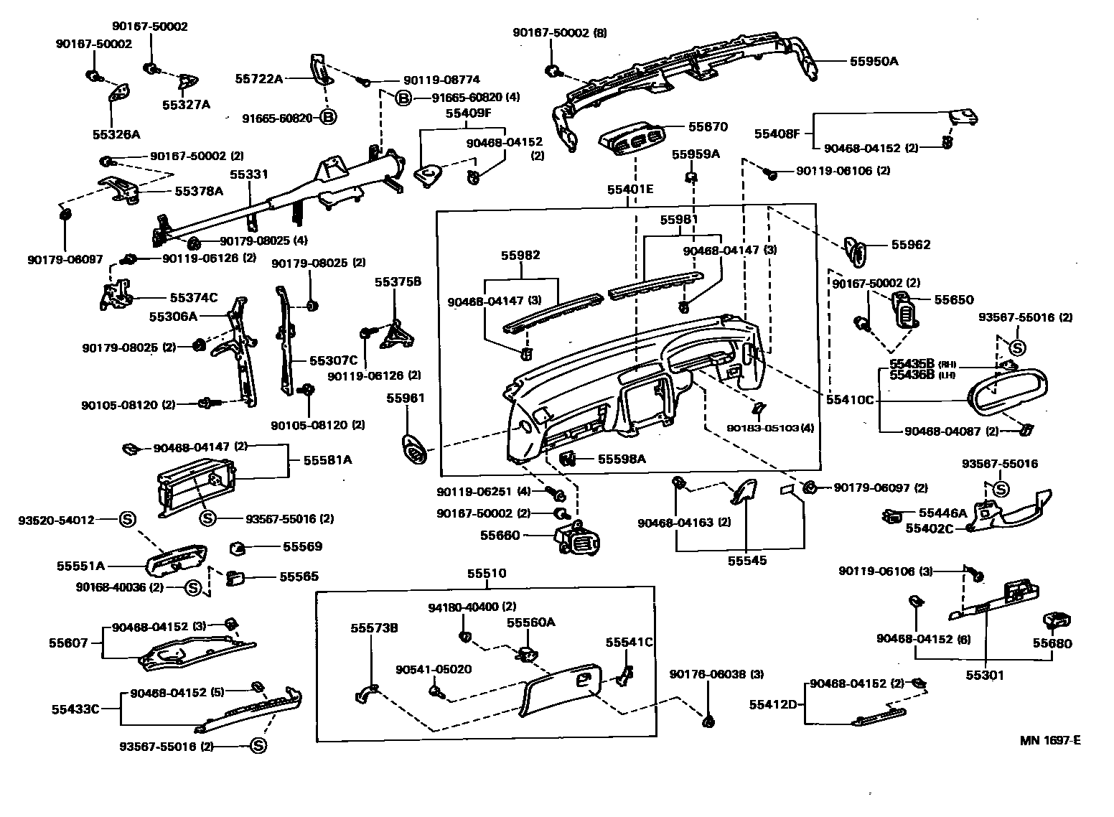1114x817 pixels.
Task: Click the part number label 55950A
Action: tap(874, 61)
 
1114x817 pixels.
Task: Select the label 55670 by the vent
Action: tap(708, 127)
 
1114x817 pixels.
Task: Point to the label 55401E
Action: tap(630, 190)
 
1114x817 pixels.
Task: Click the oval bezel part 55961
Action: tap(416, 450)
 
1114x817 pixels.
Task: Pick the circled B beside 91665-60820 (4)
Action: tap(403, 98)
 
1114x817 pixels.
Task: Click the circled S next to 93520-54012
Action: tap(127, 519)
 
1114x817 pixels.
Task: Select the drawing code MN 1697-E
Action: tap(1050, 740)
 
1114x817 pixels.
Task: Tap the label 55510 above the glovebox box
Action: tap(487, 574)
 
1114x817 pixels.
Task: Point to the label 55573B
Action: tap(374, 628)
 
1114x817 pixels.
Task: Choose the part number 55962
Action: tap(911, 245)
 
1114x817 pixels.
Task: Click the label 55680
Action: tap(1052, 643)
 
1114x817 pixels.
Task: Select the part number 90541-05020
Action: tap(434, 670)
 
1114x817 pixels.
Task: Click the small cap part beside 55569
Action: tap(238, 548)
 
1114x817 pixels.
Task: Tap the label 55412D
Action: tap(774, 704)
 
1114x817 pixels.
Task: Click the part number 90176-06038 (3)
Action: tap(706, 674)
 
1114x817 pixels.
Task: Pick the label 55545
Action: tap(747, 561)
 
